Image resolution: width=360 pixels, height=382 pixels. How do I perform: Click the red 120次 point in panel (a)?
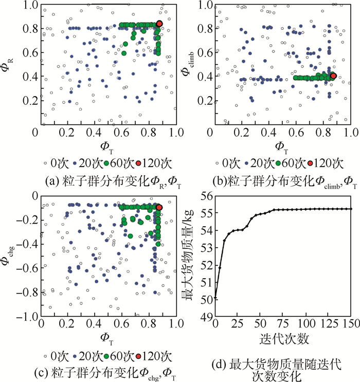pyautogui.click(x=159, y=24)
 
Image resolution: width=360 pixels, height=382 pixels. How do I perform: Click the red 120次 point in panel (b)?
pyautogui.click(x=333, y=76)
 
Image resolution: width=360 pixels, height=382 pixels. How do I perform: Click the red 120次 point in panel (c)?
pyautogui.click(x=159, y=207)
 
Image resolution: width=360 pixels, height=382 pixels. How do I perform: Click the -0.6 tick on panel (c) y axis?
pyautogui.click(x=27, y=268)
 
